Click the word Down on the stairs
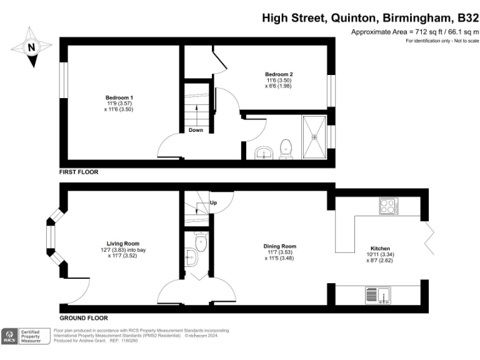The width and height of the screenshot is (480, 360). click(x=196, y=130)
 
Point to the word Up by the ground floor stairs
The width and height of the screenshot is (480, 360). click(x=213, y=203)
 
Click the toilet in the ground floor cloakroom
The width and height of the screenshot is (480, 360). click(x=201, y=240)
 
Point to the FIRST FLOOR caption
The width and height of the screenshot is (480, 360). click(x=79, y=172)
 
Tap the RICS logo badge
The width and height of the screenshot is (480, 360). click(x=11, y=336)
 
